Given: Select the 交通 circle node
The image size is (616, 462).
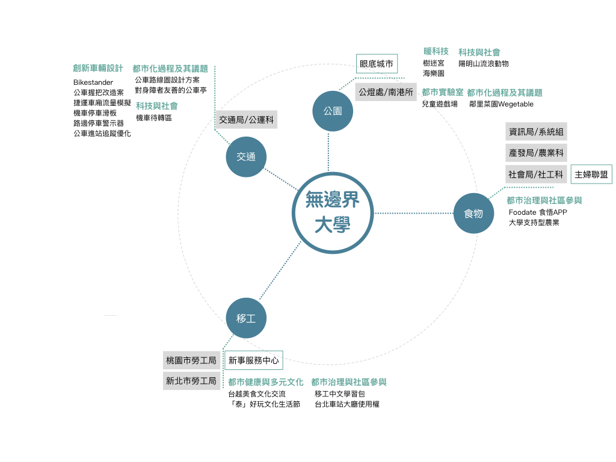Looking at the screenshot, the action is pos(246,156).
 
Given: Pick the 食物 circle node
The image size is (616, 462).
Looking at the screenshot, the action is pos(473,213).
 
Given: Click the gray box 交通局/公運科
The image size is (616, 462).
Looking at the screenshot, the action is pos(246,120).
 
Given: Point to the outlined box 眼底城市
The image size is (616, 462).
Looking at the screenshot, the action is pos(377,64).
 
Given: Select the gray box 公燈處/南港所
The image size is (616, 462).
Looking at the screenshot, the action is pos(386,92).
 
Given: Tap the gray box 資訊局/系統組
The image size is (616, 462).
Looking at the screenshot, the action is pos(536,132).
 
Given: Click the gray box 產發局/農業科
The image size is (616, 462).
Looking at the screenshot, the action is pos(536,153).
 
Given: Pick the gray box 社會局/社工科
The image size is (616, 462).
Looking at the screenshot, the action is pos(536,174).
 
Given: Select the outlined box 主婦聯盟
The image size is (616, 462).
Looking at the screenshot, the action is pos(591,174).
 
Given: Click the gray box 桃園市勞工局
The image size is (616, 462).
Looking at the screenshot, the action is pos(191,361).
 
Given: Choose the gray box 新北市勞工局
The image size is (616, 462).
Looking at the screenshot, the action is pos(191,381).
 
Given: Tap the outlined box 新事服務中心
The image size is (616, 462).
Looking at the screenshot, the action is pos(253,361).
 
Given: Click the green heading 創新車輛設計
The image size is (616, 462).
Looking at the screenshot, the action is pos(98,69).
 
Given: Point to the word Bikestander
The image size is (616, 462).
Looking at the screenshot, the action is pos(93,82).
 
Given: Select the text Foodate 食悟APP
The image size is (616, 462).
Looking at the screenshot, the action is pos(538,212).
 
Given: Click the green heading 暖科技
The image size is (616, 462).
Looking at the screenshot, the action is pos(436,51).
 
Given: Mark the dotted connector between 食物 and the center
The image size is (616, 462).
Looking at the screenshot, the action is pos(413,213).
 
